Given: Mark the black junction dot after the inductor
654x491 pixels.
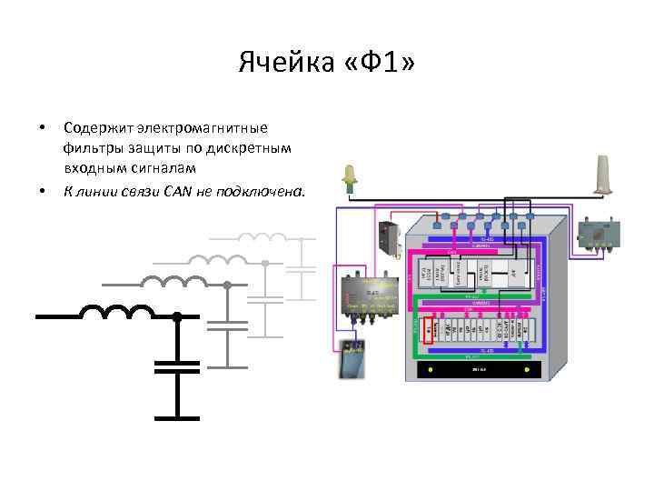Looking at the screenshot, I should point(177,316).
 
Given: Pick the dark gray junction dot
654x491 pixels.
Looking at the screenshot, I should point(226,285).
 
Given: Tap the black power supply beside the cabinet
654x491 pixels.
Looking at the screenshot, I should point(388,239).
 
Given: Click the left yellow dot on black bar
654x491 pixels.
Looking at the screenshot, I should point(428,371).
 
